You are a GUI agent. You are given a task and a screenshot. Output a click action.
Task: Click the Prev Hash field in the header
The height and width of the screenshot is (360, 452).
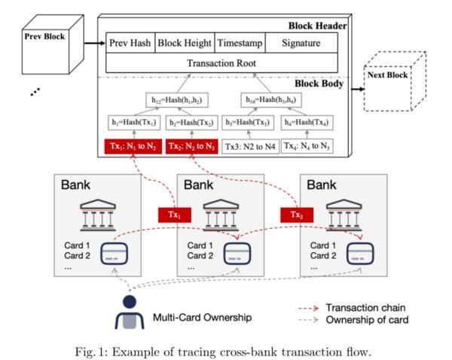(130, 43)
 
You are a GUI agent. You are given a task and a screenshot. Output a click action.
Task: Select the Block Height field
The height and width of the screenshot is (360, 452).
(185, 43)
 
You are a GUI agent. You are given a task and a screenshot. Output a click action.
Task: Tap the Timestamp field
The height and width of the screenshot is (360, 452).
(240, 43)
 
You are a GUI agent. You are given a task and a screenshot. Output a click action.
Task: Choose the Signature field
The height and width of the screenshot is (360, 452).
(301, 43)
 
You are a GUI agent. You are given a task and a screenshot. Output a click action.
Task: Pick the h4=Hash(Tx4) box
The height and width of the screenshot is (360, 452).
(307, 123)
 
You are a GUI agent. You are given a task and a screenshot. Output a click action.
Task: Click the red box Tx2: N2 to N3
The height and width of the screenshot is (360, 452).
(191, 146)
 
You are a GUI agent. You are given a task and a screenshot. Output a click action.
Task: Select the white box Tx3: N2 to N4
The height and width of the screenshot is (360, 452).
(249, 146)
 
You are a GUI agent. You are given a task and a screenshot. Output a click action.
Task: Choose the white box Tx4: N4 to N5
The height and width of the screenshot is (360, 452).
(307, 146)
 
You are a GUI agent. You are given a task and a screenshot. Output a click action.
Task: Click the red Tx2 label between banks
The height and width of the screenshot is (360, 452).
(298, 215)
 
